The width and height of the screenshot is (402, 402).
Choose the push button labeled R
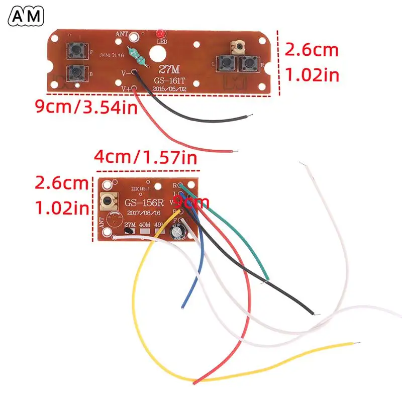(249, 64)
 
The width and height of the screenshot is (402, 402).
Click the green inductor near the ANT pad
(138, 57)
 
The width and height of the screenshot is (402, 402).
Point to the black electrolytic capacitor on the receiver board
(178, 232)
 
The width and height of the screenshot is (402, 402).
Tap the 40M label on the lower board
(146, 224)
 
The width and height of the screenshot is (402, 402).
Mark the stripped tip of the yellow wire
(357, 344)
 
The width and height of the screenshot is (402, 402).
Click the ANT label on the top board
(122, 34)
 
